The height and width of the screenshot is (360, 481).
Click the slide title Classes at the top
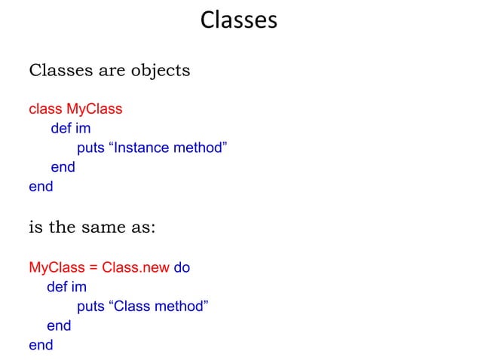[239, 20]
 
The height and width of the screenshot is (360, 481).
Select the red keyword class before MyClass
[45, 109]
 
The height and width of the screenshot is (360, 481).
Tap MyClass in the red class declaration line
[94, 109]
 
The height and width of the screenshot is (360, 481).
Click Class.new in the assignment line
[136, 267]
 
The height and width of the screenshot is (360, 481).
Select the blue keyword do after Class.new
[182, 267]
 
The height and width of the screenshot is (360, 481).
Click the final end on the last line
[41, 346]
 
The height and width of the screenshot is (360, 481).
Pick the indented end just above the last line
[59, 326]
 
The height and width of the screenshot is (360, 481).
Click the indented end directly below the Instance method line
[63, 167]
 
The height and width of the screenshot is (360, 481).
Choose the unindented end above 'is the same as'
[41, 187]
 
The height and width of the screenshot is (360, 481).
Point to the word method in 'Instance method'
[199, 148]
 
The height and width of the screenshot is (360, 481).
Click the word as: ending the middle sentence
[143, 227]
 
